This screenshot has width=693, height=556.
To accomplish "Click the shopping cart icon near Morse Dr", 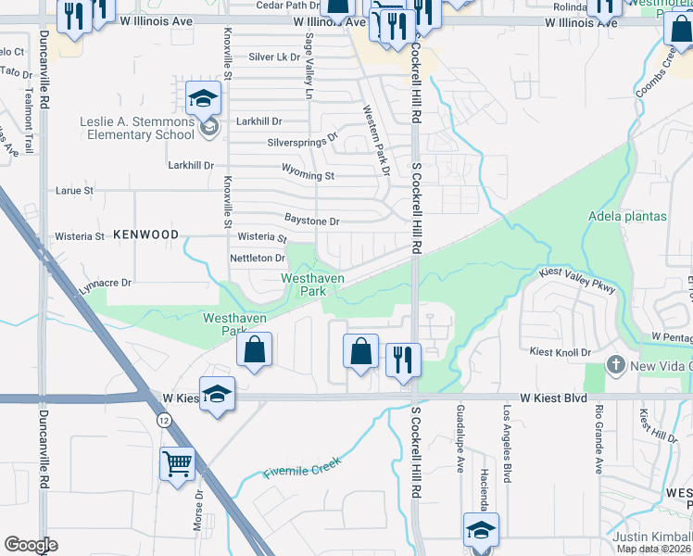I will coord(177,461).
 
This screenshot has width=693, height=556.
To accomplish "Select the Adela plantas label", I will coord(627,217).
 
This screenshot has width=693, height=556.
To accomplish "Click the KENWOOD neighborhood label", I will coord(145,235).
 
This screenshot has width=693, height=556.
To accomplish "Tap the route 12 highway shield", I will coord(164,420).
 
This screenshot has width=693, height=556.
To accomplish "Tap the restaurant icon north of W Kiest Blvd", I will coord(403,359).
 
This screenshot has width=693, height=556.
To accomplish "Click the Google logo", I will coord(31,545).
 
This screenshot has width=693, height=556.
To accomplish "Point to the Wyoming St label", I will coord(309,175).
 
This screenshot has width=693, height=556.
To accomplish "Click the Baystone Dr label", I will coord(312,222).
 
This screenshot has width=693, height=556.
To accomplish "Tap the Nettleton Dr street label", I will coord(257,258).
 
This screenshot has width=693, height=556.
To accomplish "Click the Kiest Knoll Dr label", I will coord(560,353).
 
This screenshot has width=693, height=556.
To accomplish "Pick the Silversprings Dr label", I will coord(302,144).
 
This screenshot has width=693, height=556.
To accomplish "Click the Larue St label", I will coord(76,191).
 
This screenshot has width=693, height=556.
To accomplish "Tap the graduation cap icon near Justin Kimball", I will coord(481,529).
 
